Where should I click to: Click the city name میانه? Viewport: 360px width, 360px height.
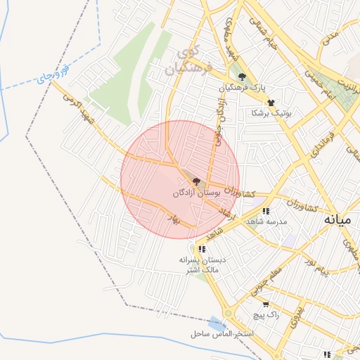[x=337, y=220]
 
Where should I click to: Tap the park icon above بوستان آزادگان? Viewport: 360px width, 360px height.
[x=195, y=181]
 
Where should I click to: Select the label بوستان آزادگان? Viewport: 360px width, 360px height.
[x=197, y=192]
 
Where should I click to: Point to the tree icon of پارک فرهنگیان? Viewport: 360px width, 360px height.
[x=243, y=77]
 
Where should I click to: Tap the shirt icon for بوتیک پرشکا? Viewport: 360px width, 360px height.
[x=271, y=102]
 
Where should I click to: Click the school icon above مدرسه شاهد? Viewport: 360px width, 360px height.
[x=265, y=210]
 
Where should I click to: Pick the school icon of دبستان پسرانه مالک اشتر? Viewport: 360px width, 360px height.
[x=202, y=249]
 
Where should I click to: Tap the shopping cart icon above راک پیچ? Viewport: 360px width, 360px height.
[x=265, y=304]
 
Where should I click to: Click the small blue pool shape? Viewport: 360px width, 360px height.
[x=217, y=324]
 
